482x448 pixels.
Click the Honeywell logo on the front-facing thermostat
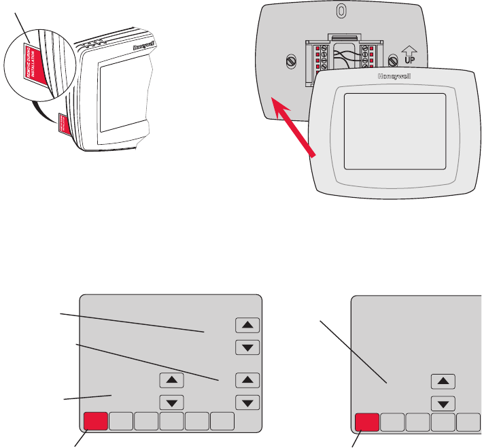point(388,77)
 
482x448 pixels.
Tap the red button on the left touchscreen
point(95,421)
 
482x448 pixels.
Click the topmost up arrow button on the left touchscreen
point(247,324)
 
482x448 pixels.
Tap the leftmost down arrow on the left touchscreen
point(171,401)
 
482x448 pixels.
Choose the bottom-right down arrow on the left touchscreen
point(247,401)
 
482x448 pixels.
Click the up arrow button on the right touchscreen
point(443,381)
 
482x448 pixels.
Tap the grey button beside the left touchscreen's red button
point(120,421)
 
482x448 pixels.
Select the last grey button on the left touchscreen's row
point(222,421)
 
